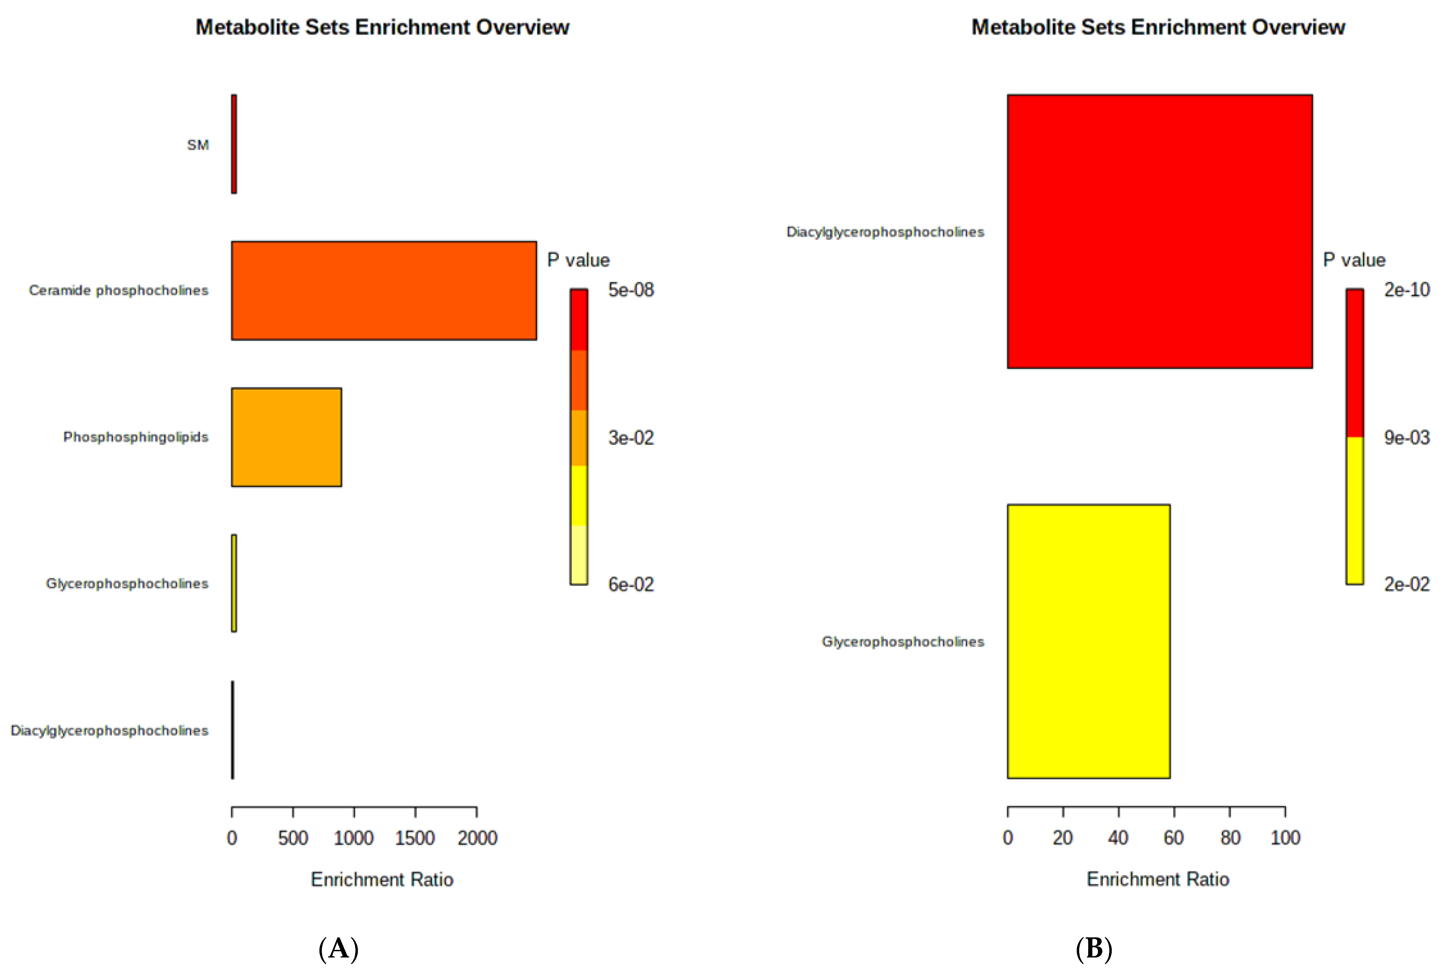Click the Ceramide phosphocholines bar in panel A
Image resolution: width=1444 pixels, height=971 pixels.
point(384,291)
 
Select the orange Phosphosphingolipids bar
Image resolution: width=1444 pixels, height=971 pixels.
point(287,437)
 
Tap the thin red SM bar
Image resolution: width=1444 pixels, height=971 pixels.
point(234,144)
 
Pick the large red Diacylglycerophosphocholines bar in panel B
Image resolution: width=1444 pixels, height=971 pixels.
point(1159,232)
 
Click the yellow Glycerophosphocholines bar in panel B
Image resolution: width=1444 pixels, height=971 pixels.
point(1088,642)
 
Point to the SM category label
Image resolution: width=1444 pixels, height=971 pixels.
point(198,145)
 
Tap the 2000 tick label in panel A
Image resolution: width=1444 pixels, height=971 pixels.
point(477,838)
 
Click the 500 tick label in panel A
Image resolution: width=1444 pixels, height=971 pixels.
point(293,838)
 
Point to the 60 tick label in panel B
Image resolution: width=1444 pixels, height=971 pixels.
point(1173,838)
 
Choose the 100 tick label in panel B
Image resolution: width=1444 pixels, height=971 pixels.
point(1285,838)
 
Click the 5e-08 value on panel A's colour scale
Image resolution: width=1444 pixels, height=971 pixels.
point(631,290)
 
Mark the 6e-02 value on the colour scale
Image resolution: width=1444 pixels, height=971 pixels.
point(631,584)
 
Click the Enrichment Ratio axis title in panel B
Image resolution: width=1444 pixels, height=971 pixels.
point(1157,879)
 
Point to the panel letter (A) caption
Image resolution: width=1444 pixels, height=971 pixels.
point(338,948)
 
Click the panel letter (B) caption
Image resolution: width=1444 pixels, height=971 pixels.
point(1094,948)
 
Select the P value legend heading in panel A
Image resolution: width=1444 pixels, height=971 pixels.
point(578,260)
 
